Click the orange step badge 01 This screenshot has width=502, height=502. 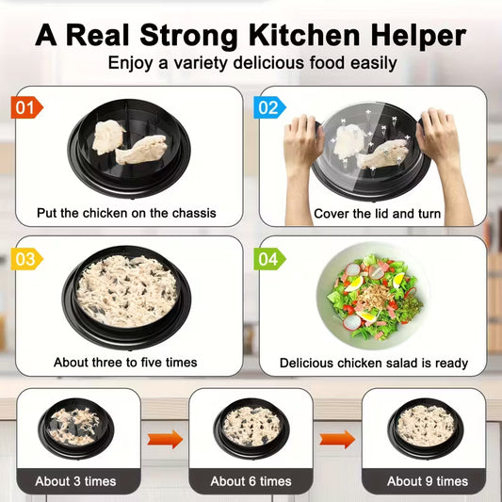click(x=27, y=106)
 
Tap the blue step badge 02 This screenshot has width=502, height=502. click(x=269, y=106)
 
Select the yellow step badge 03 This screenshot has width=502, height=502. click(x=27, y=258)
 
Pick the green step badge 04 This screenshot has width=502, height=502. click(x=269, y=258)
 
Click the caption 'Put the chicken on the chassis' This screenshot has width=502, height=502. click(x=126, y=213)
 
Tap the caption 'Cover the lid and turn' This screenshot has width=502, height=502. click(x=377, y=213)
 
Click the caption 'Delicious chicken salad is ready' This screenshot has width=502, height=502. click(x=373, y=363)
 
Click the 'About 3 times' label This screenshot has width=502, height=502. click(x=75, y=481)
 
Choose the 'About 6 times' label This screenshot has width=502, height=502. click(x=251, y=481)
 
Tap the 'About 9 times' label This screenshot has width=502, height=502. click(x=427, y=481)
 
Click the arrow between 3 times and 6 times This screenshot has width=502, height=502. click(x=166, y=438)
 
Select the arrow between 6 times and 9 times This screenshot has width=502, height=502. click(x=337, y=438)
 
